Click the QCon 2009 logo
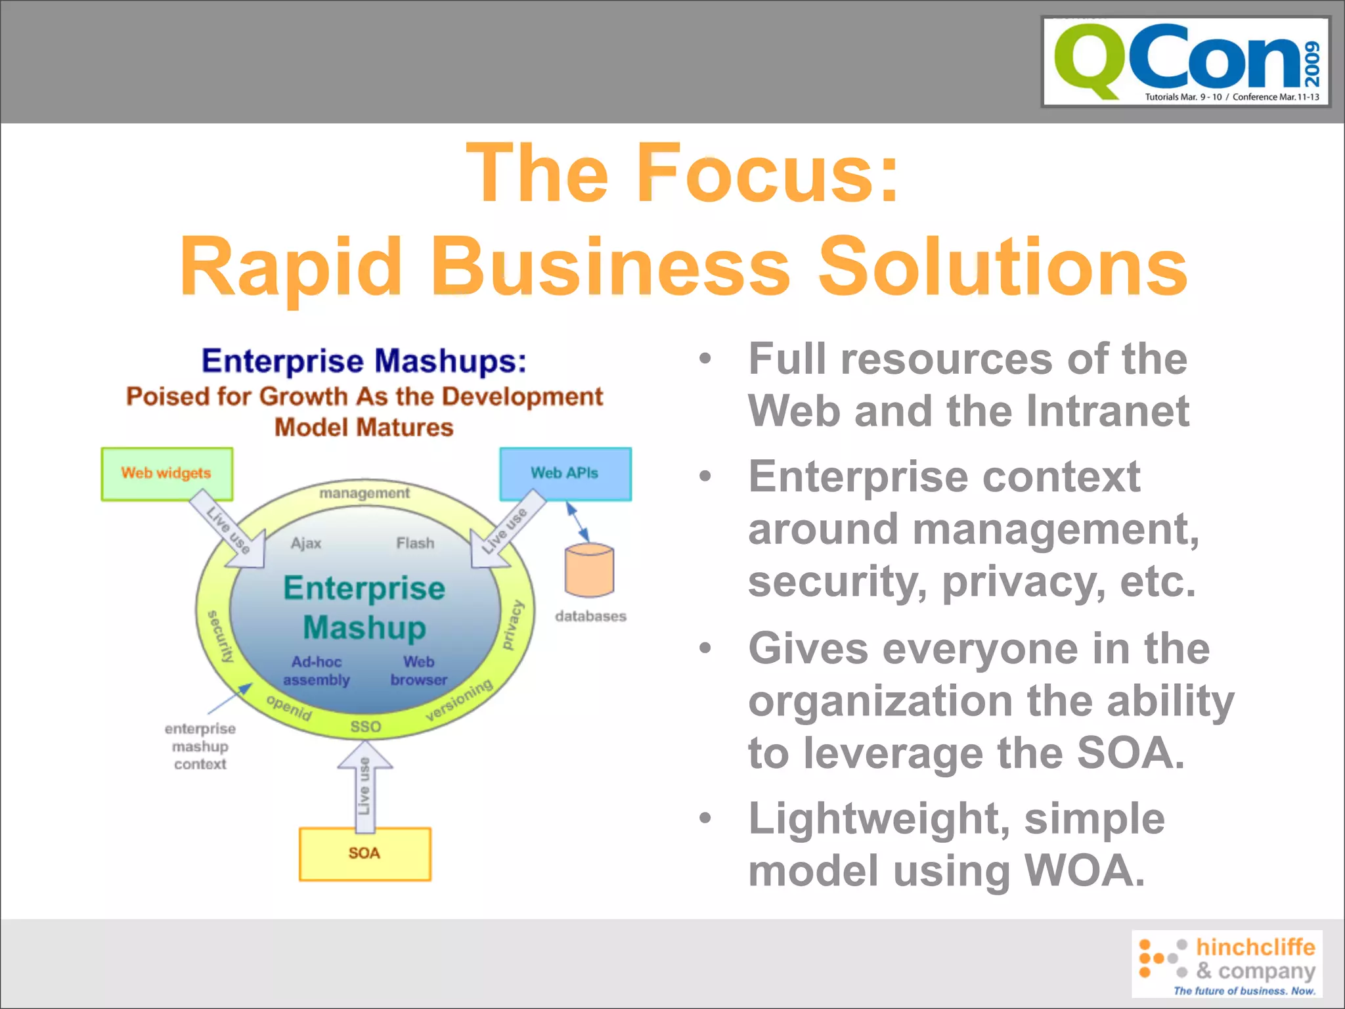[x=1185, y=62]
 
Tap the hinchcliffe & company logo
[x=1226, y=964]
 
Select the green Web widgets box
[x=167, y=474]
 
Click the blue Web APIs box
[x=565, y=474]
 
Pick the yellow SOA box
[x=364, y=853]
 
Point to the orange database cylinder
[x=589, y=570]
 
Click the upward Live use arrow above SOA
[x=364, y=785]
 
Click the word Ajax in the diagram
[x=306, y=543]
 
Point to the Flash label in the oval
[x=415, y=543]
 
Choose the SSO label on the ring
[x=365, y=727]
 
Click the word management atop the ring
[x=364, y=493]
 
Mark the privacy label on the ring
[x=512, y=625]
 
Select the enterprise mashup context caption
[x=200, y=746]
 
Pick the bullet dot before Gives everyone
[x=705, y=648]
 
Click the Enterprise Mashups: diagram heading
[x=364, y=361]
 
